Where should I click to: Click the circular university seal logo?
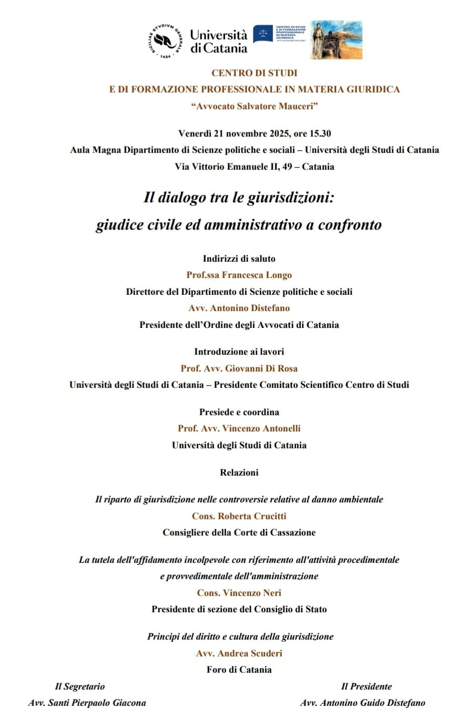[167, 40]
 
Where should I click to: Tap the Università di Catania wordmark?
[218, 42]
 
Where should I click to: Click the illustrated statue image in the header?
[336, 40]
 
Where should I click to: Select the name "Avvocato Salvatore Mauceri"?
[255, 106]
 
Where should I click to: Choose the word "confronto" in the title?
[350, 225]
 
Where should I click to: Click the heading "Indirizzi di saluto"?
[239, 259]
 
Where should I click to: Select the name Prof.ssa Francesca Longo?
[239, 275]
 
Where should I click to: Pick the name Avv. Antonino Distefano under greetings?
[239, 308]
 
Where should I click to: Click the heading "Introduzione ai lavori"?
[239, 352]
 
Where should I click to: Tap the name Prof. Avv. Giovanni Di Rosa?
[239, 368]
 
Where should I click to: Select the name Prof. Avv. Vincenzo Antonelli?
[239, 428]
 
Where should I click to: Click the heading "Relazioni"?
[239, 472]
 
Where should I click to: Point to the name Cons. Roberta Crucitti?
[239, 516]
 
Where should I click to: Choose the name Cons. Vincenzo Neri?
[239, 593]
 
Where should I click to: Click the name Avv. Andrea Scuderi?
[239, 653]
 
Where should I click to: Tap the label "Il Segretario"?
[80, 686]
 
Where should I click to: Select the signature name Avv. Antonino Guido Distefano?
[362, 703]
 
